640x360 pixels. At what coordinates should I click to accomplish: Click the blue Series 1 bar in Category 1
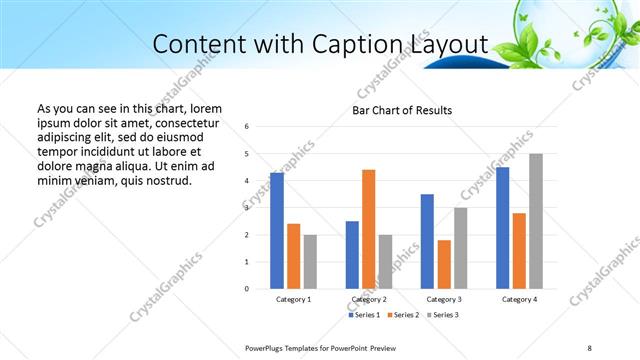[x=277, y=231]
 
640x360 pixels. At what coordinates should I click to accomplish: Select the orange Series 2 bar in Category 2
[x=368, y=229]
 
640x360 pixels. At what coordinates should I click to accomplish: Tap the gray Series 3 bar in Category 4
[x=536, y=221]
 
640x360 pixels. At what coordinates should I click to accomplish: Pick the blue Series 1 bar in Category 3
[x=427, y=241]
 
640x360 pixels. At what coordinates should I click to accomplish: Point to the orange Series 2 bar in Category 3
[x=444, y=264]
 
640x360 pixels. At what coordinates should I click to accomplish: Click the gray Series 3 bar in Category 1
[x=310, y=262]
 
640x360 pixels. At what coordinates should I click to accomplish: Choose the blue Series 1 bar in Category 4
[x=503, y=228]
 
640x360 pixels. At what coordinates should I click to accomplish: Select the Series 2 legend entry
[x=402, y=315]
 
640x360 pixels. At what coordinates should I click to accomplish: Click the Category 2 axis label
[x=368, y=300]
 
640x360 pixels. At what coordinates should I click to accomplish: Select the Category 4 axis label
[x=519, y=300]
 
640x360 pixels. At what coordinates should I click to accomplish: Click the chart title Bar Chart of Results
[x=402, y=110]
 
